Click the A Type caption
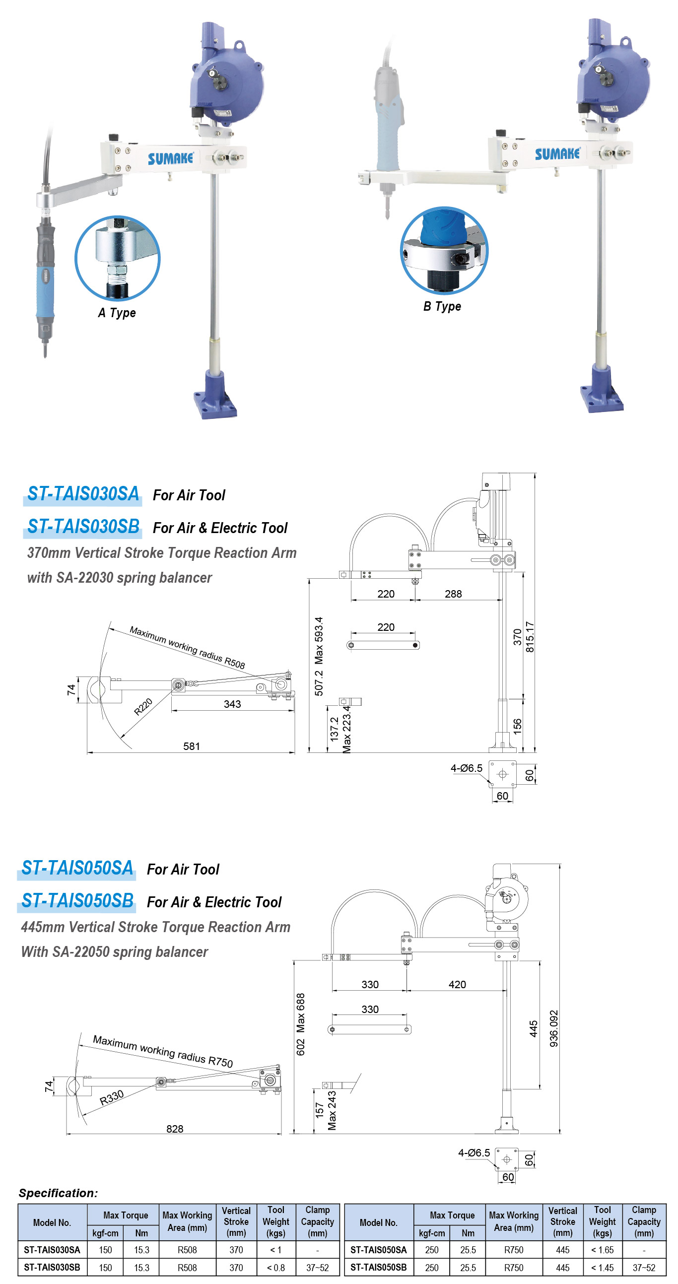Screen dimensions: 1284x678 [117, 313]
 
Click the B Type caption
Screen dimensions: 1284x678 [442, 306]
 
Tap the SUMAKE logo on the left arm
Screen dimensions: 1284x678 [170, 158]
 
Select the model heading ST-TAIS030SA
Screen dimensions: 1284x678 [83, 493]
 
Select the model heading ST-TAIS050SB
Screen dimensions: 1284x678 [77, 900]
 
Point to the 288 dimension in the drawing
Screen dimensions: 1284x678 [453, 594]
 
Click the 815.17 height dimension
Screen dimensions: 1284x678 [530, 636]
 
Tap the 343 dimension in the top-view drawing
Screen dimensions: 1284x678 [232, 704]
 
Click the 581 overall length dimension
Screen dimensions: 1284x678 [191, 746]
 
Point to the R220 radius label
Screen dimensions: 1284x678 [143, 706]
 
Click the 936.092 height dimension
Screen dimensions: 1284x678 [553, 1028]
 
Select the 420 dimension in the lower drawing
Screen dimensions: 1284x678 [457, 984]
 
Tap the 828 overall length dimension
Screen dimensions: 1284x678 [175, 1129]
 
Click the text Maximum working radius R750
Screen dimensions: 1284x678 [162, 1051]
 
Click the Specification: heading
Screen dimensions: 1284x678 [59, 1193]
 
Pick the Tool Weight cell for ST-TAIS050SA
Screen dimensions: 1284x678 [602, 1250]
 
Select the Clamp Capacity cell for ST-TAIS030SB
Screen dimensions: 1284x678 [317, 1267]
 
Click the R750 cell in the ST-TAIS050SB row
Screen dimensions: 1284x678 [513, 1267]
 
